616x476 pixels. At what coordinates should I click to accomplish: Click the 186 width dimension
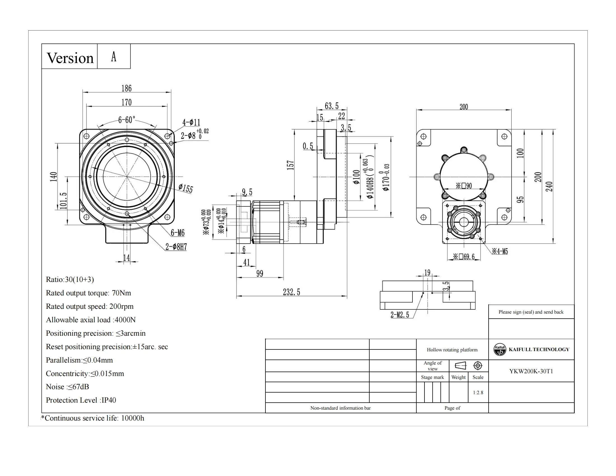click(x=126, y=88)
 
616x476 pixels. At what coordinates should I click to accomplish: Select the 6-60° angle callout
click(x=127, y=120)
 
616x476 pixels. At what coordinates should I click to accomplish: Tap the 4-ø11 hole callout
click(x=191, y=122)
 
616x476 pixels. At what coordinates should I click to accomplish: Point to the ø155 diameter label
click(x=186, y=188)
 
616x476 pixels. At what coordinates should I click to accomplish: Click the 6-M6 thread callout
click(x=178, y=233)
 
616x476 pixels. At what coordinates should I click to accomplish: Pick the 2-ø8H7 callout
click(x=176, y=247)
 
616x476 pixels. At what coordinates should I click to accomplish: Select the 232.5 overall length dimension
click(x=291, y=292)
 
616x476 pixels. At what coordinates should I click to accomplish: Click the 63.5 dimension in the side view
click(x=332, y=106)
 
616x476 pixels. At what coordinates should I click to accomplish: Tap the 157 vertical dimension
click(x=290, y=165)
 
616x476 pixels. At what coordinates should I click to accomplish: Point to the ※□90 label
click(x=464, y=186)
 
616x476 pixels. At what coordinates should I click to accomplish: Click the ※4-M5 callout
click(x=500, y=251)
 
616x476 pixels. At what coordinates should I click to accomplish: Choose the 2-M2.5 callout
click(x=400, y=315)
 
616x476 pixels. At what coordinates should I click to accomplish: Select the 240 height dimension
click(x=549, y=186)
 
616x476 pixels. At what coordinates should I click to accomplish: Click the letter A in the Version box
click(x=114, y=56)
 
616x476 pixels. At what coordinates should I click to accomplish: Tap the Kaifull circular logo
click(x=500, y=349)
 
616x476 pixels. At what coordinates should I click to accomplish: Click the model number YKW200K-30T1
click(x=531, y=371)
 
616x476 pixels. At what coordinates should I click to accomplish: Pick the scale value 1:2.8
click(x=478, y=393)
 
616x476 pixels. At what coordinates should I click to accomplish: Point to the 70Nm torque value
click(x=121, y=293)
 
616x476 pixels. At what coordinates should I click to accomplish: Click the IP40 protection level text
click(x=109, y=400)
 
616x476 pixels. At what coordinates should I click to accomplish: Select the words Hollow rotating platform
click(x=452, y=350)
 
